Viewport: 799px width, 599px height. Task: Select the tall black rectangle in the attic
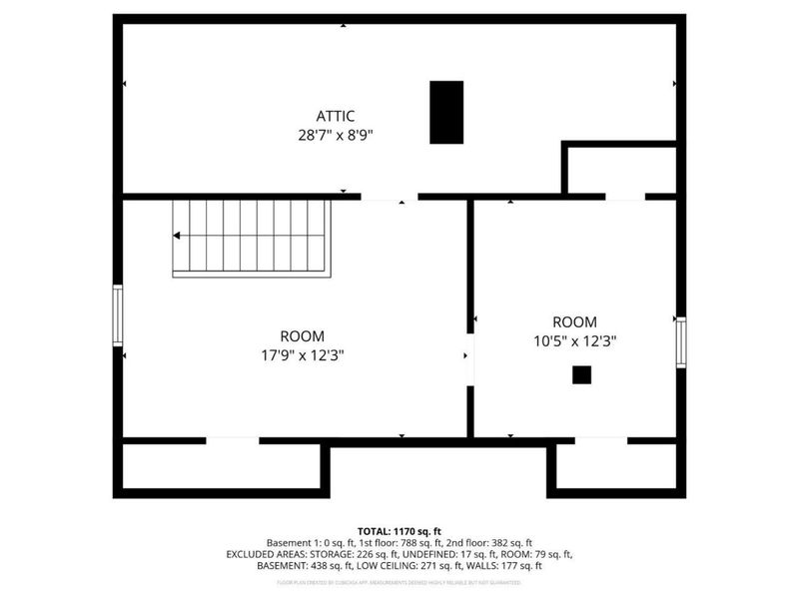point(446,112)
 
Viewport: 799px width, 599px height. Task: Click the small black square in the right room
point(581,374)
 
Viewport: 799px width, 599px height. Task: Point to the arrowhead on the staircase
point(177,237)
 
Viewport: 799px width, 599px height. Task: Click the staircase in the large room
point(250,238)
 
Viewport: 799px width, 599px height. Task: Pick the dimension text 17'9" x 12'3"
point(302,354)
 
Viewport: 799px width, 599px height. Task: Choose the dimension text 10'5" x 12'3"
point(574,340)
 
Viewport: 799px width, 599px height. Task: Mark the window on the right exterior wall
point(680,342)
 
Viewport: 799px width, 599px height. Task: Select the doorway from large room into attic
point(389,197)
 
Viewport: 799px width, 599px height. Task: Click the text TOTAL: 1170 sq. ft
point(399,530)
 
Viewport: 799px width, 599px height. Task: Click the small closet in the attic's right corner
point(620,169)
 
